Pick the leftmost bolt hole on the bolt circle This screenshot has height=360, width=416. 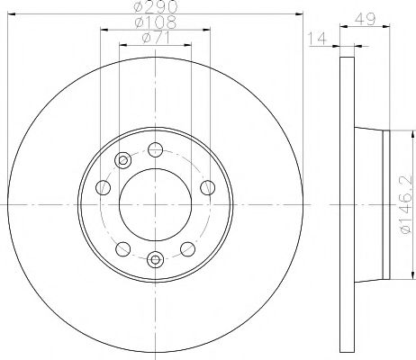pos(103,187)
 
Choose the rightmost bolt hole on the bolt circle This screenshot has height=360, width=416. pos(208,187)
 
